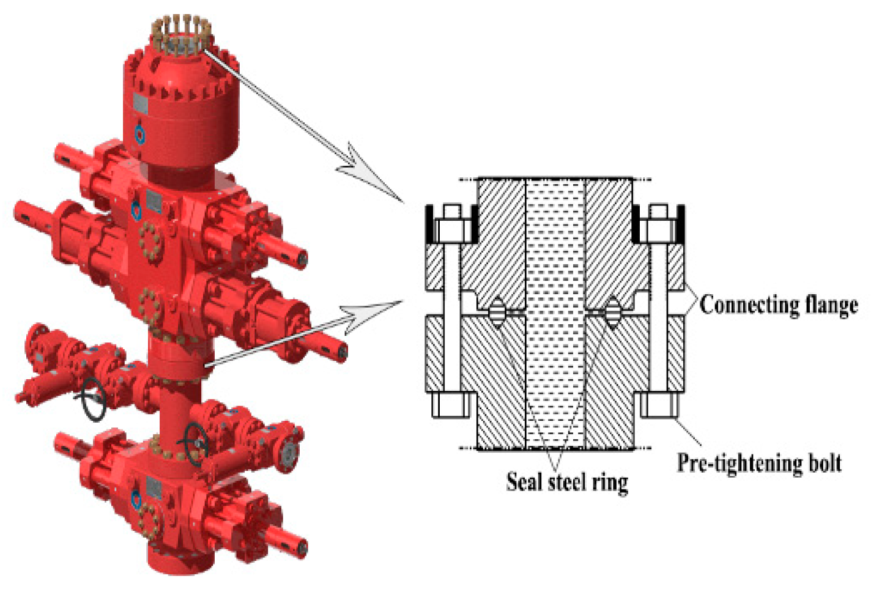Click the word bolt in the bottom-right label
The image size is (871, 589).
(x=825, y=462)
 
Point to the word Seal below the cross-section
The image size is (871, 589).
(x=524, y=482)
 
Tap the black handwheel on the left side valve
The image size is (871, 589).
(x=94, y=400)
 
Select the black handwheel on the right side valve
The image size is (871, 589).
(x=196, y=440)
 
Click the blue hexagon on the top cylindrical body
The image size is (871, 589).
(x=140, y=134)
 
